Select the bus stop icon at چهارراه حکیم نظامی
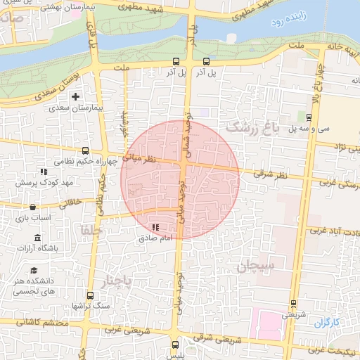click(x=86, y=150)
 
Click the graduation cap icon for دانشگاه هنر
click(x=33, y=271)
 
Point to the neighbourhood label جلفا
click(x=91, y=230)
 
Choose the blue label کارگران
click(x=327, y=323)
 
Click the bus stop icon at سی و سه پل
click(x=309, y=117)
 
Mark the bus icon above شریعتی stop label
click(x=293, y=304)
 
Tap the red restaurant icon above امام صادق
click(x=155, y=227)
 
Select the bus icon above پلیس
click(x=175, y=345)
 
